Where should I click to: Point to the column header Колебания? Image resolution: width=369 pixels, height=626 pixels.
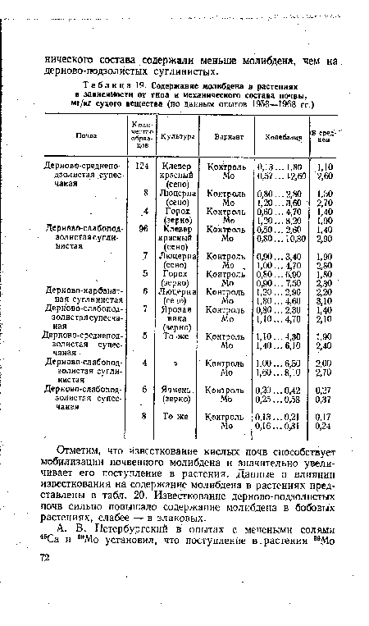tap(282, 135)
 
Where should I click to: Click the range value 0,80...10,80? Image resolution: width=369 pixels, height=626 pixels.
tap(282, 238)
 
